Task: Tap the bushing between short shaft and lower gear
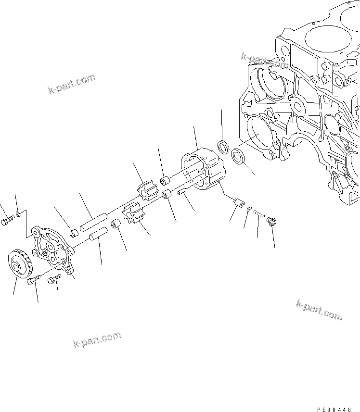pos(115,225)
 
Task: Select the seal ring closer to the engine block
pos(237,156)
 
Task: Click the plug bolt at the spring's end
pos(270,221)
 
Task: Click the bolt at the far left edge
pos(7,222)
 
